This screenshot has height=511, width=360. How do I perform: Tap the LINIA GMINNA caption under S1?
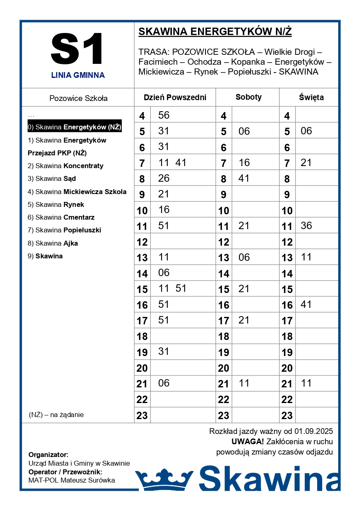point(78,75)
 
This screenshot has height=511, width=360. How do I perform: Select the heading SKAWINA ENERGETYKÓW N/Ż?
point(215,32)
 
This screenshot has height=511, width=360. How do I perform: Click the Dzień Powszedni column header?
point(175,98)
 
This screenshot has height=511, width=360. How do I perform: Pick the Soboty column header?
point(248,97)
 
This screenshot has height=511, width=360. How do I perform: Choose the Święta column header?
point(311,98)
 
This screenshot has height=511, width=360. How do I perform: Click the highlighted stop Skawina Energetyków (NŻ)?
point(75,127)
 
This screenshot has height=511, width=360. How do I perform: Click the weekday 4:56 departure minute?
point(164,115)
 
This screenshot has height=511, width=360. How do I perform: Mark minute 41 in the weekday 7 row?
point(181,163)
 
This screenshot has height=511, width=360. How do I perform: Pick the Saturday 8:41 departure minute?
point(244,178)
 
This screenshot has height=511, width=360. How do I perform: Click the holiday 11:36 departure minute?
point(306,226)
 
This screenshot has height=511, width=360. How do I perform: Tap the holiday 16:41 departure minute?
point(306,305)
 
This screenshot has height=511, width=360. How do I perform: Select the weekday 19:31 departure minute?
point(164,352)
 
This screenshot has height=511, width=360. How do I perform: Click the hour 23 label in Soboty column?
point(224,415)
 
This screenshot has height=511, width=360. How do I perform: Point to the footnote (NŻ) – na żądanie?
point(56,415)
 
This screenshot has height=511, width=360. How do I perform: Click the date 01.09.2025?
point(313,431)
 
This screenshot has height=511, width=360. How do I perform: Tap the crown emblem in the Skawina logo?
point(164,480)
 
